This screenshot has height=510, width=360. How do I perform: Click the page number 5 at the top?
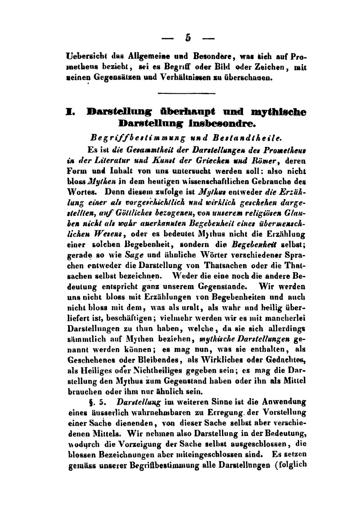click(187, 37)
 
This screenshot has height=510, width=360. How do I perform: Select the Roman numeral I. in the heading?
click(69, 112)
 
